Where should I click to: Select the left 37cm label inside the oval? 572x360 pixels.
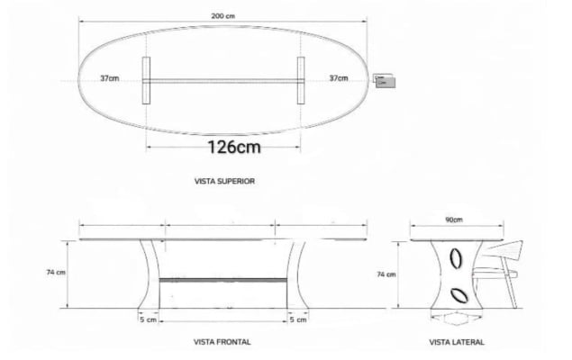tap(110, 79)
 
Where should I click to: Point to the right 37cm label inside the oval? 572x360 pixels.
tap(339, 79)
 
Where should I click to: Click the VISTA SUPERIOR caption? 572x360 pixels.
tap(224, 181)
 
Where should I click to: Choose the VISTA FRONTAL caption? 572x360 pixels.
tap(222, 342)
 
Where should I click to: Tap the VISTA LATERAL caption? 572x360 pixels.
tap(456, 342)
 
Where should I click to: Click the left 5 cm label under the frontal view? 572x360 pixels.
tap(149, 319)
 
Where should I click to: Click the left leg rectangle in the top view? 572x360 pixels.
tap(145, 81)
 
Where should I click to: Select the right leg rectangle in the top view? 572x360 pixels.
tap(301, 81)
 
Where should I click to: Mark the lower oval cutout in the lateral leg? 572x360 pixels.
tap(459, 293)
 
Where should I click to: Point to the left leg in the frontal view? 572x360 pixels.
tap(150, 274)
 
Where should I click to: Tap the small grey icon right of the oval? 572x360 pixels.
tap(384, 82)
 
